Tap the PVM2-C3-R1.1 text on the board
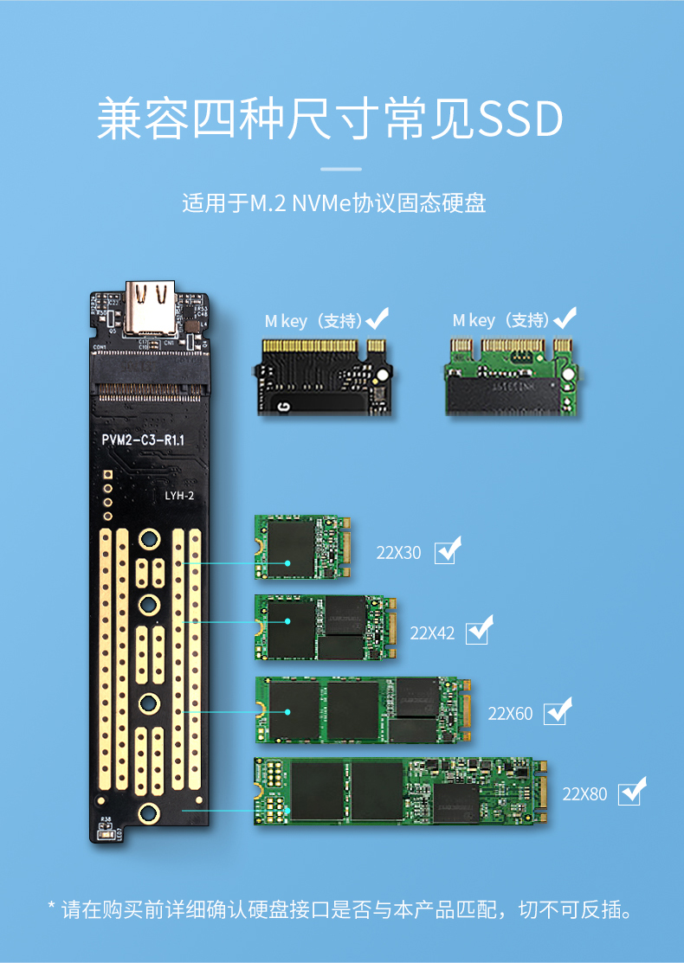[143, 440]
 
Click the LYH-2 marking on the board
[179, 496]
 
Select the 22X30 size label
[398, 552]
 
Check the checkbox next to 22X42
[477, 632]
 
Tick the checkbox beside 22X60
[555, 714]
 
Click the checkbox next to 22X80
[629, 793]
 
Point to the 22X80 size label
[585, 793]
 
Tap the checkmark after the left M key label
[377, 319]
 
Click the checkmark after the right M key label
[565, 319]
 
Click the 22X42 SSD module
[326, 628]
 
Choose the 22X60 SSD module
[364, 710]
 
